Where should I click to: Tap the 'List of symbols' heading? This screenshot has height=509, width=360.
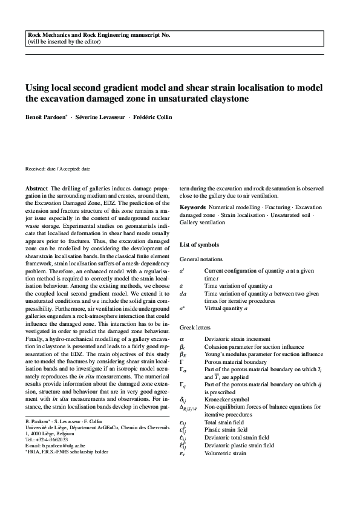(200, 245)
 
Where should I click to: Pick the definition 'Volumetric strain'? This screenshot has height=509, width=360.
(225, 452)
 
